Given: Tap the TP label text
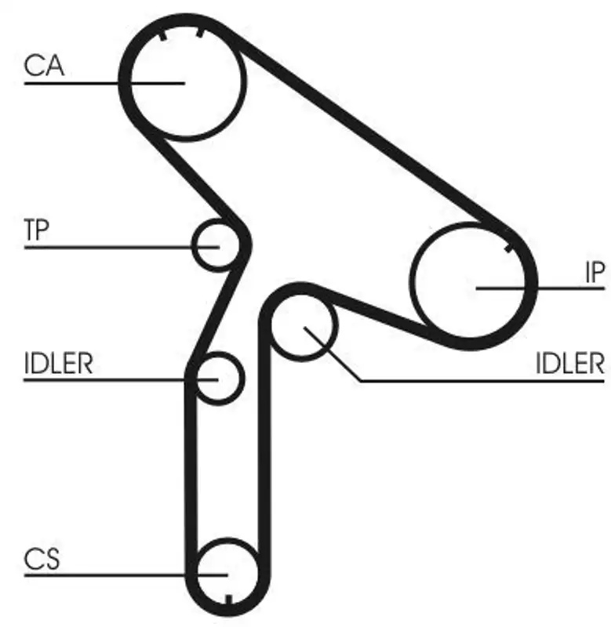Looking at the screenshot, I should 36,230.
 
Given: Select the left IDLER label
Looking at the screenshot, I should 59,363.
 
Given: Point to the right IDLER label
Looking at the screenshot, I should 570,363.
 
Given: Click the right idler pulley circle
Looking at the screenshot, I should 304,328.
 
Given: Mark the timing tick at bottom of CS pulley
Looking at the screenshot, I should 228,601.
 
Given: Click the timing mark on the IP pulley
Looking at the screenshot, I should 509,248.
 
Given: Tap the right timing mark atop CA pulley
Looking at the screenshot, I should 200,33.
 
